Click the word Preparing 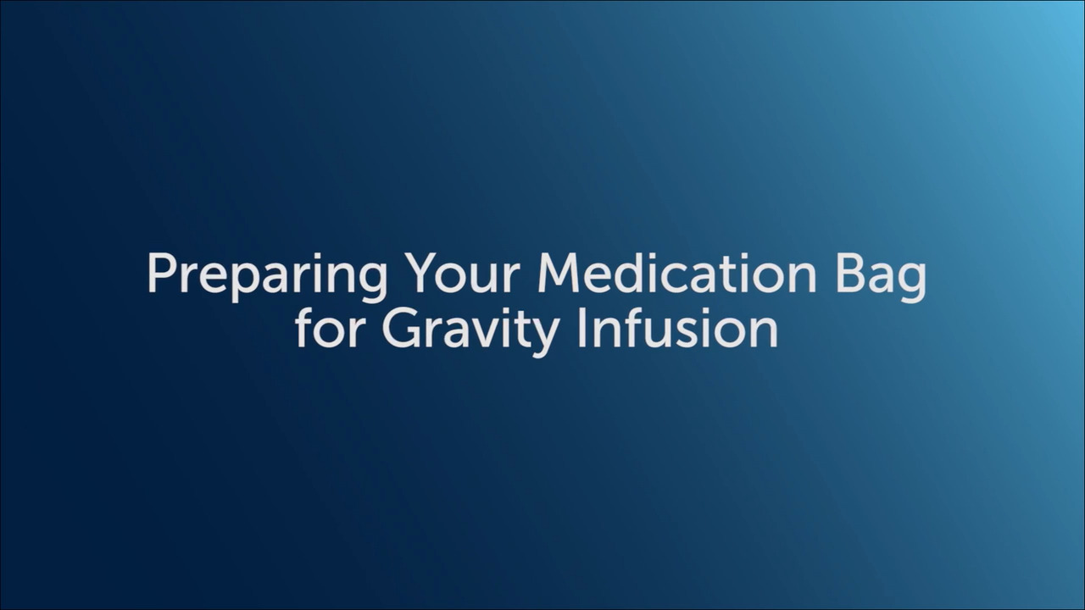click(x=267, y=275)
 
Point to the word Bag click(x=881, y=275)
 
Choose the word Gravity click(x=470, y=330)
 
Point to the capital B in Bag click(x=850, y=273)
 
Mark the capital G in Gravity click(x=400, y=328)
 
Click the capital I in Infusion click(x=581, y=328)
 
